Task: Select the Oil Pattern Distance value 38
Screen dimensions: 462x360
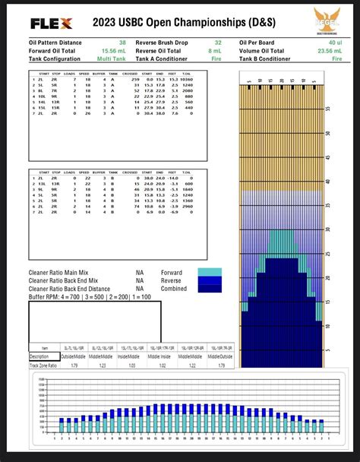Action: pyautogui.click(x=122, y=43)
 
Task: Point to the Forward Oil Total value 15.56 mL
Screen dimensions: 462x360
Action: pyautogui.click(x=115, y=50)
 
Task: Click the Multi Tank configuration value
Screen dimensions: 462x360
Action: pyautogui.click(x=113, y=58)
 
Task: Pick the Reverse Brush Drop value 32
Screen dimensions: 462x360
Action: pyautogui.click(x=218, y=43)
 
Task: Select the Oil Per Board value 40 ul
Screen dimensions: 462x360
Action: pyautogui.click(x=335, y=43)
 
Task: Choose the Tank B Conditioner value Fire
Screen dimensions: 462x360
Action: pyautogui.click(x=336, y=58)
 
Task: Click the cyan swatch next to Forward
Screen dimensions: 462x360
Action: pyautogui.click(x=209, y=272)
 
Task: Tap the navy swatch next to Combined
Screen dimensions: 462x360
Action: pyautogui.click(x=209, y=289)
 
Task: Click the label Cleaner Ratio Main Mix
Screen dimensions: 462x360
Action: pyautogui.click(x=65, y=272)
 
